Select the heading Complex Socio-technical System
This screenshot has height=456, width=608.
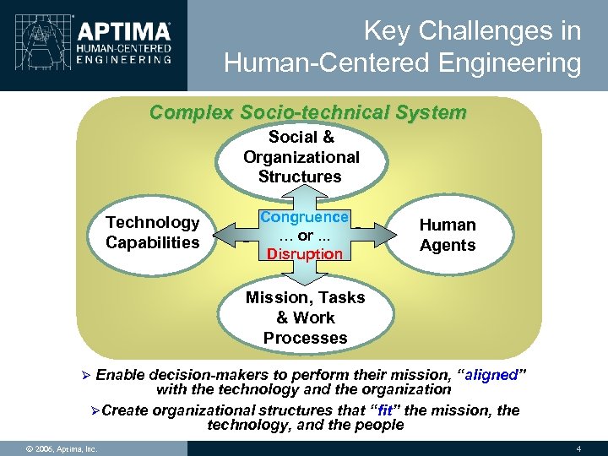[307, 112]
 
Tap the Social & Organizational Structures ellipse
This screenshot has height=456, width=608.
[301, 157]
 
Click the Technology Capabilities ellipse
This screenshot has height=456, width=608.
[153, 232]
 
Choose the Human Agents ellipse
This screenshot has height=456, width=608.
[448, 236]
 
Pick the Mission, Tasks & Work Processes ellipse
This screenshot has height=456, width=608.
[305, 318]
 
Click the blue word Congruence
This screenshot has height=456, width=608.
[304, 217]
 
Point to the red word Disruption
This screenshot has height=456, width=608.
[305, 254]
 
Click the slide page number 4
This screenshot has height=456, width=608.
[578, 447]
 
